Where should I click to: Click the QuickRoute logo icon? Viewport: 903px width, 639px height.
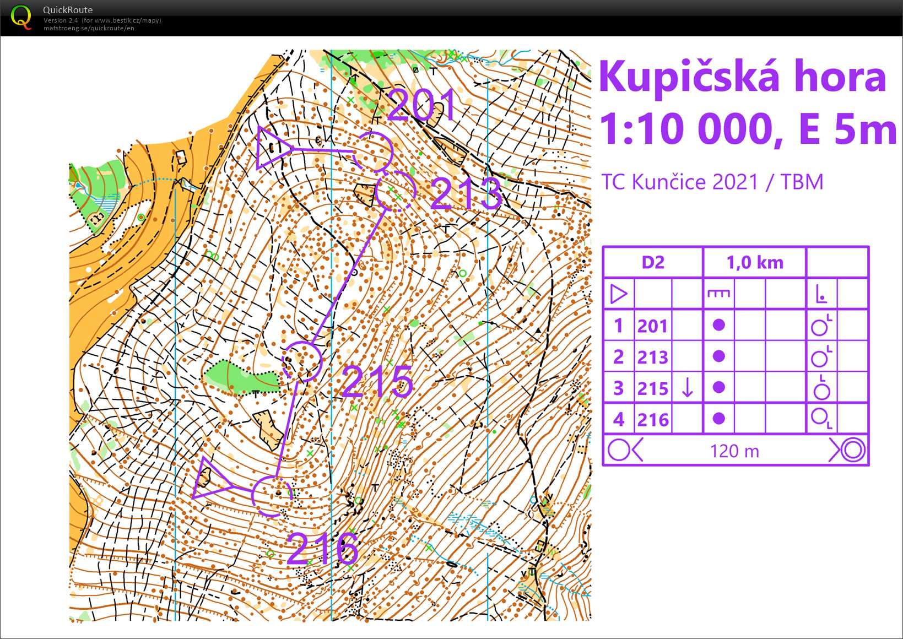(21, 17)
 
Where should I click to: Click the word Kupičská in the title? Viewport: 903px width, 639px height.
(689, 77)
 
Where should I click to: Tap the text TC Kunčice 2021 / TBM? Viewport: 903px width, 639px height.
(712, 182)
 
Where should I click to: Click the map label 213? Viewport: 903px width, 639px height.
(466, 193)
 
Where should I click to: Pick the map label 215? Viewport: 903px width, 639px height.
(377, 381)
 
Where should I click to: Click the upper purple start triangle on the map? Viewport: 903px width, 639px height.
(272, 147)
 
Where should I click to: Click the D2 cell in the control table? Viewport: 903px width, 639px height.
(653, 262)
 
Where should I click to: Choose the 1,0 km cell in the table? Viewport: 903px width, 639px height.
(755, 262)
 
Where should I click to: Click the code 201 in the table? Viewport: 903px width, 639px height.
(653, 326)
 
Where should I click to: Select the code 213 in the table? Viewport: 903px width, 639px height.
(653, 358)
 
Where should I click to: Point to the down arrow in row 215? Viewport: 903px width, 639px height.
(687, 388)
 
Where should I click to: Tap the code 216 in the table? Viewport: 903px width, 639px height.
(653, 420)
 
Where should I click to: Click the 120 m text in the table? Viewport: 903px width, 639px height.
(734, 451)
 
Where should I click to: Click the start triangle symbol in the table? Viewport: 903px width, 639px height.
(619, 294)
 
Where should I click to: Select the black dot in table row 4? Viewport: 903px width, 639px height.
(718, 419)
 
